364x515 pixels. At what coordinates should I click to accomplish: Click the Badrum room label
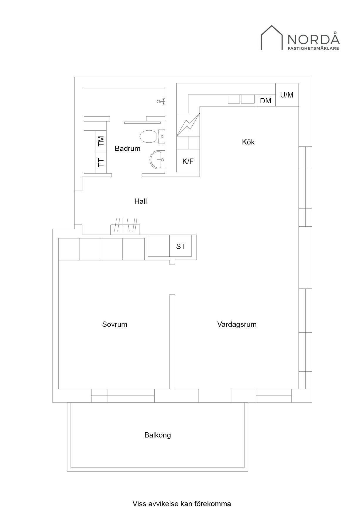(x=127, y=148)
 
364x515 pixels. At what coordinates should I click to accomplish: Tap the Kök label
(x=248, y=142)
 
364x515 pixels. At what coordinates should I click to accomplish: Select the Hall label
(x=141, y=201)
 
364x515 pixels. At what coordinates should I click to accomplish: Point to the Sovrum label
(x=114, y=324)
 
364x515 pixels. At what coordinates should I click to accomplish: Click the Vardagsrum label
(x=237, y=324)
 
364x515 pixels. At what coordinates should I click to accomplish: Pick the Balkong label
(x=157, y=435)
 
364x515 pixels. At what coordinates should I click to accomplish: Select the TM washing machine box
(x=101, y=141)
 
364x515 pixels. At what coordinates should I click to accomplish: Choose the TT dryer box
(x=101, y=163)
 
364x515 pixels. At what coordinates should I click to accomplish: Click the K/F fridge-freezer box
(x=188, y=161)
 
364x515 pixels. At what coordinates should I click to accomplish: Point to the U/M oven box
(x=287, y=95)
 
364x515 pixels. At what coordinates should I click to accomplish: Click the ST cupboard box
(x=181, y=246)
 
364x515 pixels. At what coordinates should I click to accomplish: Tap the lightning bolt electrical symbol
(x=188, y=125)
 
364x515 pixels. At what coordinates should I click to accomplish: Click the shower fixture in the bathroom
(x=161, y=102)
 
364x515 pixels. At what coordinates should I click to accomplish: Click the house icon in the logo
(x=272, y=38)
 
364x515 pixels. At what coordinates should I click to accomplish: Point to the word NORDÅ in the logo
(x=313, y=38)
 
